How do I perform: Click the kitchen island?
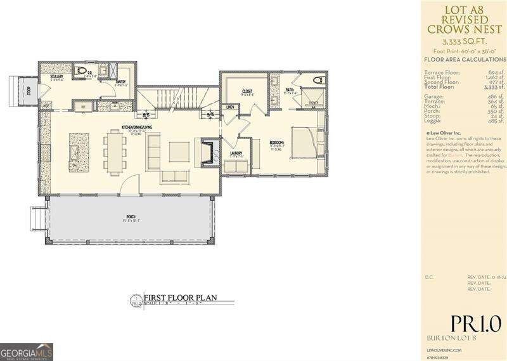(x=74, y=153)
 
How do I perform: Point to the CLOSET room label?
(x=247, y=91)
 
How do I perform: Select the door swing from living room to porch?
(x=129, y=185)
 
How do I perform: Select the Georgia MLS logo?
(x=27, y=351)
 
